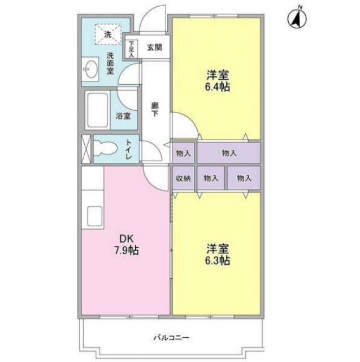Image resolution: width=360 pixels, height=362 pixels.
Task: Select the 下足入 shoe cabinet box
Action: tap(132, 49)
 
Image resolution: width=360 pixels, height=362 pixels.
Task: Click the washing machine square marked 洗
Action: tap(107, 34)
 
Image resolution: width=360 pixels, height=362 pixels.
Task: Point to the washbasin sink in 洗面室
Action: tap(90, 71)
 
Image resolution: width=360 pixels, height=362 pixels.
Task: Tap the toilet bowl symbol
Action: tap(105, 149)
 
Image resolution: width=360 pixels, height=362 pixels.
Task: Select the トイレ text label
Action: tap(129, 149)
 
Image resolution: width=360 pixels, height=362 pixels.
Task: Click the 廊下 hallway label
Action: tap(154, 109)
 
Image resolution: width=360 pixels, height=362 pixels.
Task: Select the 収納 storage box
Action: tap(183, 178)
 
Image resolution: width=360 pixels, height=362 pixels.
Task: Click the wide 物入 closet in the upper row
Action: tap(229, 153)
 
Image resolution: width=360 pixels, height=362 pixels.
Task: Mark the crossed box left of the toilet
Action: tap(86, 149)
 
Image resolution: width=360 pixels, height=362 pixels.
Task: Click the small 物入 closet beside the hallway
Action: tap(183, 153)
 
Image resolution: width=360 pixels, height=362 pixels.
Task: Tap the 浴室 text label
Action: tap(123, 116)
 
